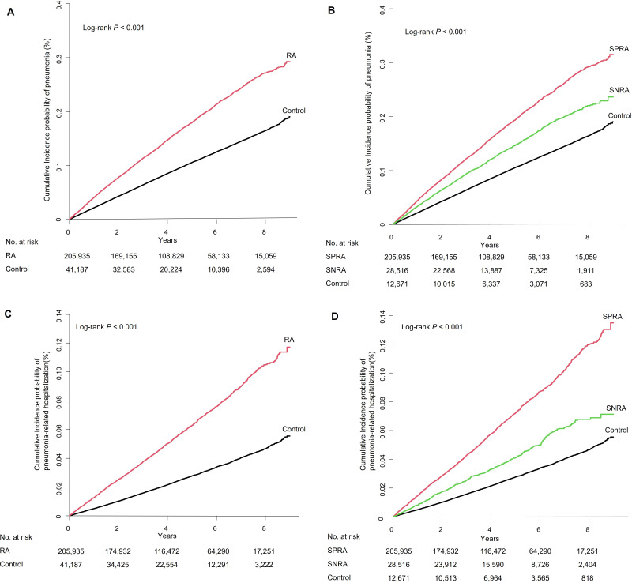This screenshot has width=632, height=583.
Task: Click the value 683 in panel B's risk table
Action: pos(585,282)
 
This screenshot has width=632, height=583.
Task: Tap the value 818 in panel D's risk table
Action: pos(585,577)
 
